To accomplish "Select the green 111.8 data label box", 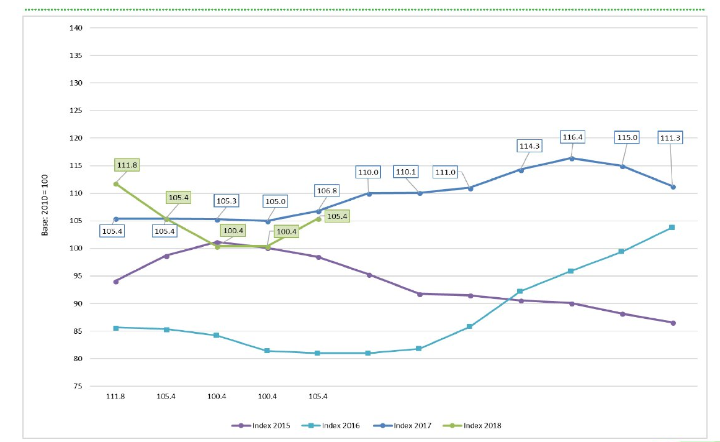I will pyautogui.click(x=127, y=165).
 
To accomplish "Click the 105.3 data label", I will pyautogui.click(x=226, y=201).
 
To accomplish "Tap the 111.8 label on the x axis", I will pyautogui.click(x=116, y=396).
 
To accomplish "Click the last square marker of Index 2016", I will pyautogui.click(x=673, y=228).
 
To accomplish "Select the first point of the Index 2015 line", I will pyautogui.click(x=116, y=282).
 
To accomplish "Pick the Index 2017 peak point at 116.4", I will pyautogui.click(x=572, y=159).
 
